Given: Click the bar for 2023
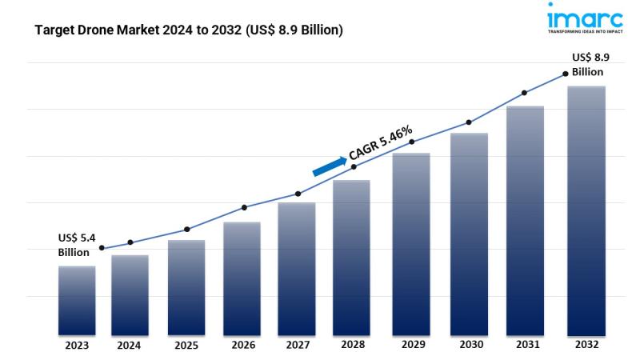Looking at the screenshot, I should [x=77, y=300].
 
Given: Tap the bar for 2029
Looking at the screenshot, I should [x=411, y=244].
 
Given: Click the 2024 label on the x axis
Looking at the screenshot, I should [x=130, y=346].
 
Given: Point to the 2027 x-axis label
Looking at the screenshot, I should [x=298, y=346].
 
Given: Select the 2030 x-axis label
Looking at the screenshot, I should [x=469, y=346].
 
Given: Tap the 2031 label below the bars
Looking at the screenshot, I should [x=525, y=346].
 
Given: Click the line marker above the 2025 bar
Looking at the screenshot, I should [x=186, y=230].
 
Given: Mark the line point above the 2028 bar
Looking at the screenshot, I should [x=354, y=166].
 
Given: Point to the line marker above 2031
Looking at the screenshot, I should [x=525, y=93].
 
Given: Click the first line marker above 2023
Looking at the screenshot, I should [x=101, y=248].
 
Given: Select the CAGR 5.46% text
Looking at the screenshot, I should [x=381, y=142].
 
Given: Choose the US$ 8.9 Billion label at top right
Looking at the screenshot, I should [x=587, y=64].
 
